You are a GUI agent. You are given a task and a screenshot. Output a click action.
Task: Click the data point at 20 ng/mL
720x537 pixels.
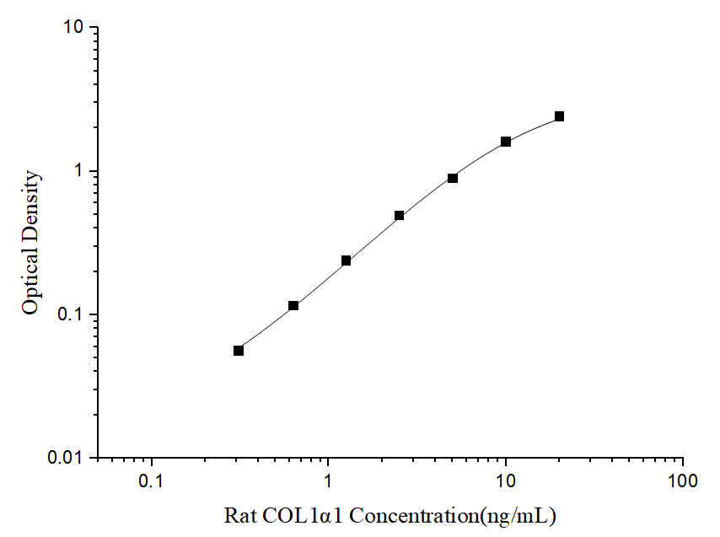(559, 116)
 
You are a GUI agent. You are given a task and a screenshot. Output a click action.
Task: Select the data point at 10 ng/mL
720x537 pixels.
(506, 142)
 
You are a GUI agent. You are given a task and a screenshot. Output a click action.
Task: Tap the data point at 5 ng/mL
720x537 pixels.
(453, 178)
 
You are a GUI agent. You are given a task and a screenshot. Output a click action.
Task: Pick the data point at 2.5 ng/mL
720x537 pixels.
(399, 216)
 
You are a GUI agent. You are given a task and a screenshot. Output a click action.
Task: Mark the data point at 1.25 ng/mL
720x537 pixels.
(346, 260)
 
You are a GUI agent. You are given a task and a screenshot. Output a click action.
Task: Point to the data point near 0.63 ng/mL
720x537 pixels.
(293, 305)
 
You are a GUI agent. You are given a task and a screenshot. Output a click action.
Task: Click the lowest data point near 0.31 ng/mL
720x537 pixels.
(239, 351)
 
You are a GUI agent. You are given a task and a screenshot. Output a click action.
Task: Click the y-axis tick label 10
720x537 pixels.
(73, 28)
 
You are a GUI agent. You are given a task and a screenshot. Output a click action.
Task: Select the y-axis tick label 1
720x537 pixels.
(80, 171)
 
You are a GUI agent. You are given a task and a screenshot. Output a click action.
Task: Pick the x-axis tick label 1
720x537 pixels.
(328, 482)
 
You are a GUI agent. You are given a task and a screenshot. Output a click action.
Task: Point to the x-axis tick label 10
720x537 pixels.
(505, 482)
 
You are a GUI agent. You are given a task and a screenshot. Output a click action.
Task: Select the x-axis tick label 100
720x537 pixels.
(681, 482)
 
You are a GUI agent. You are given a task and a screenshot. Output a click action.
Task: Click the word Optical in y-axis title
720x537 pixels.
(30, 282)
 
